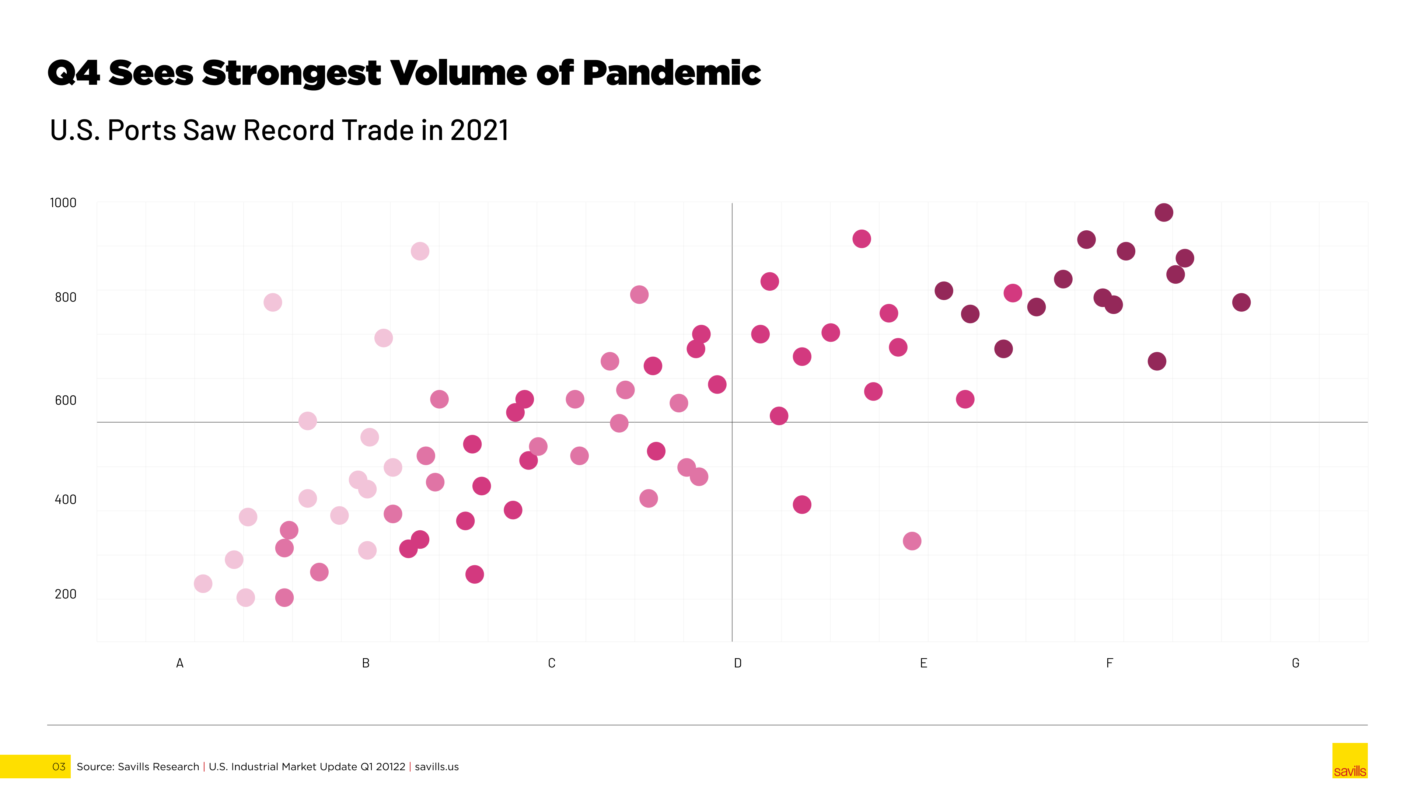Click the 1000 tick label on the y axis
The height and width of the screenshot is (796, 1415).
coord(63,203)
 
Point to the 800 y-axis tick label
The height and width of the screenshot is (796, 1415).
coord(65,297)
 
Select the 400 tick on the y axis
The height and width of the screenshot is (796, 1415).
coord(65,499)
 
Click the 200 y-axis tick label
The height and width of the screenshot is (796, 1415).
coord(65,594)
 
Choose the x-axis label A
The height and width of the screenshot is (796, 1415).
coord(179,663)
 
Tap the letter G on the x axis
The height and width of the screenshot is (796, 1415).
coord(1295,663)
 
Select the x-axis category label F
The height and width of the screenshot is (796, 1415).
coord(1109,663)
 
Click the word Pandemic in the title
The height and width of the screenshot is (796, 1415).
coord(672,73)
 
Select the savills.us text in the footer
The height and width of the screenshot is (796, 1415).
coord(437,767)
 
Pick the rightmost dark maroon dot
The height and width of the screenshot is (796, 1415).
coord(1241,302)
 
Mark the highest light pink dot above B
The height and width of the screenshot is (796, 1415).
coord(420,251)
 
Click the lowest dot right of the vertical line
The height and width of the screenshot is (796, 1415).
coord(912,541)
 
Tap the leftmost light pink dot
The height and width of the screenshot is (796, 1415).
coord(203,583)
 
